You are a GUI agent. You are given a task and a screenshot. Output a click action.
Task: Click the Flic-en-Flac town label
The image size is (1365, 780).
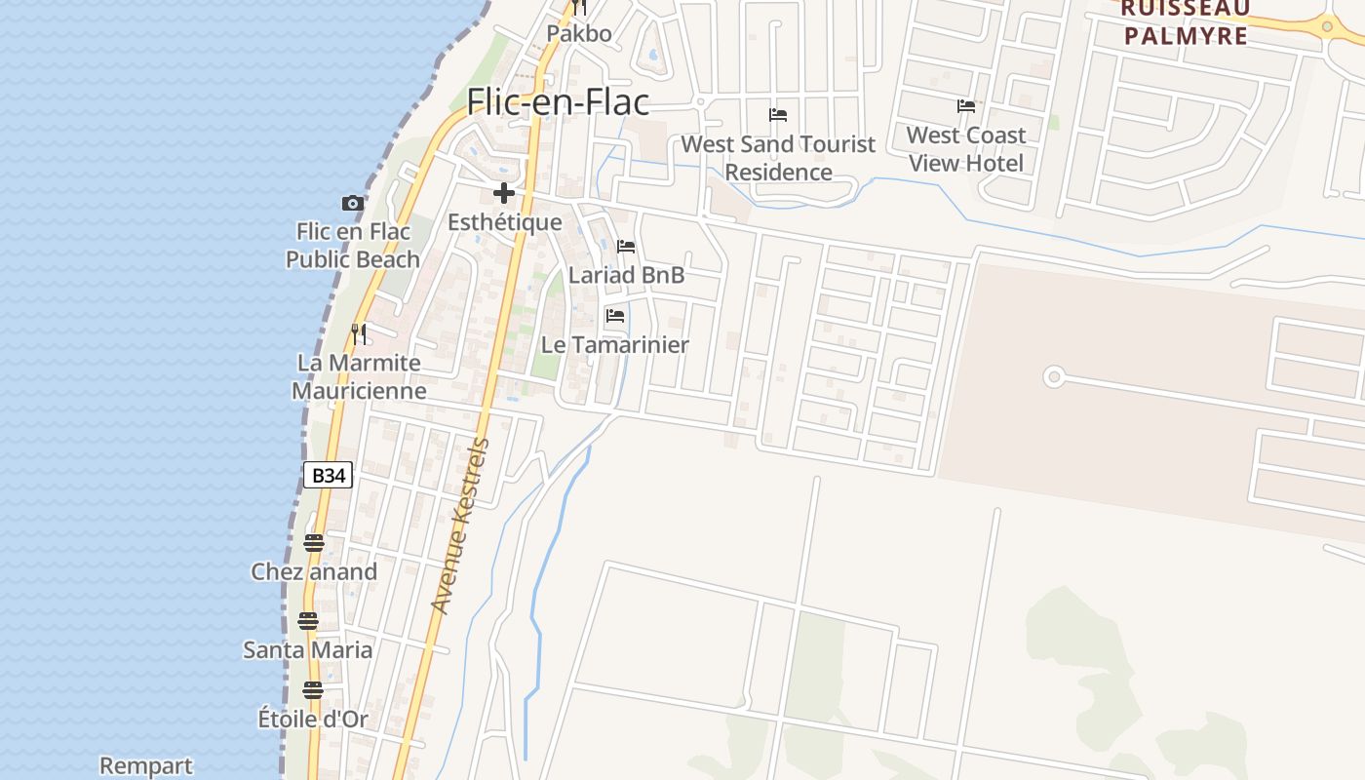(558, 101)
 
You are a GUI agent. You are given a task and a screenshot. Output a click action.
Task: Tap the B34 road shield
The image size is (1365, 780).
(328, 476)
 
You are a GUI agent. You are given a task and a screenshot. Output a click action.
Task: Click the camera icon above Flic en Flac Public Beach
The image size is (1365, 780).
(353, 203)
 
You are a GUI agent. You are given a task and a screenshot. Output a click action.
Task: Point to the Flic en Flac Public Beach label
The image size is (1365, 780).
(353, 246)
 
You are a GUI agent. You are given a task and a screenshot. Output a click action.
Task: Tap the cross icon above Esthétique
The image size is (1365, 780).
(504, 193)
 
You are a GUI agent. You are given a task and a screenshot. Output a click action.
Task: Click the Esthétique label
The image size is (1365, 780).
(505, 222)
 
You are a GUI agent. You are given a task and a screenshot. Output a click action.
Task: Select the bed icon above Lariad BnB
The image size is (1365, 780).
(626, 247)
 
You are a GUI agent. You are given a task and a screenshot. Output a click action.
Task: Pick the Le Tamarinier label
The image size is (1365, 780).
(615, 345)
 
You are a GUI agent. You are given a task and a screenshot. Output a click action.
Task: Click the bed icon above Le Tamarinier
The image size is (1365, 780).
(614, 316)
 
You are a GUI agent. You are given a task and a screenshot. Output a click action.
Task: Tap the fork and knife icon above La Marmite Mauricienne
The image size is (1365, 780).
(359, 334)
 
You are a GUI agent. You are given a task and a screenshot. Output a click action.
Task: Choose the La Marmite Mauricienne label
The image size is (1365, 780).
(359, 376)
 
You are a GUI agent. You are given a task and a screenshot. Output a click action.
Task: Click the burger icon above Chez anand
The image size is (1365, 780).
(313, 543)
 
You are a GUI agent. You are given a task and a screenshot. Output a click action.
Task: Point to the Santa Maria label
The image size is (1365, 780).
(308, 650)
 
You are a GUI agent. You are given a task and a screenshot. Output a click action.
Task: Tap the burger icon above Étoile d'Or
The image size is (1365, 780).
(312, 690)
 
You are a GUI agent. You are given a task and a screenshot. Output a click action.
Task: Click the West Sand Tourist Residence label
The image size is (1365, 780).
(778, 158)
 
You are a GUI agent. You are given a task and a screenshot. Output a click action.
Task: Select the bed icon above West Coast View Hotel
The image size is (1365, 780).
(966, 105)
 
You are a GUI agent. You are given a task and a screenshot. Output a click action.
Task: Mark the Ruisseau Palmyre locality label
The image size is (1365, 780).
(1185, 22)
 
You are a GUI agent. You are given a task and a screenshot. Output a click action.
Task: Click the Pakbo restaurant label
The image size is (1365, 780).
(579, 34)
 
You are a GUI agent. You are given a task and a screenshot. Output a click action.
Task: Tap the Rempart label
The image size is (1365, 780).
(146, 766)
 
